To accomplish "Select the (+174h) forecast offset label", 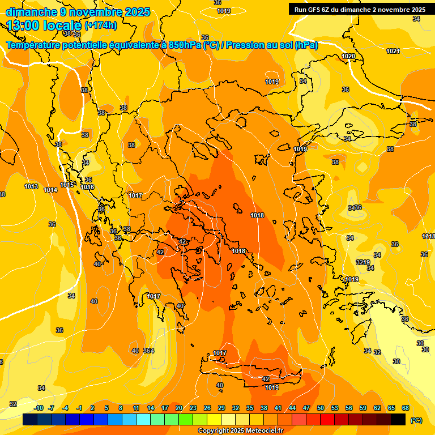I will pos(101,25).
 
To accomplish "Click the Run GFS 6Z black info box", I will pos(360,10).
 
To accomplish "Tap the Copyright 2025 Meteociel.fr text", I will pos(241,431).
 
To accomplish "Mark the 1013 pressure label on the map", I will pos(31,186).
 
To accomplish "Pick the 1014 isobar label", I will pos(50,190).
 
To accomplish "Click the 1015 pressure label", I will pos(67,185).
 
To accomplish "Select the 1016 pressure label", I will pos(87,187).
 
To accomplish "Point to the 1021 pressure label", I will pos(393,51).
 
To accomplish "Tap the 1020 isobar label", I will pos(348,56).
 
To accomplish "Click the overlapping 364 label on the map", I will pos(148,351).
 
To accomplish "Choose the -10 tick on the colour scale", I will pos(39,408).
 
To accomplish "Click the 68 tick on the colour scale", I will pos(406,408).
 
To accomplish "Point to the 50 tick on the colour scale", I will pos(321,408).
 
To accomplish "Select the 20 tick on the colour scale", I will pos(179,408).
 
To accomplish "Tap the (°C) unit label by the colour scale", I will pos(416,420).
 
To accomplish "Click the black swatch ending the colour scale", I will pos(398,419).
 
